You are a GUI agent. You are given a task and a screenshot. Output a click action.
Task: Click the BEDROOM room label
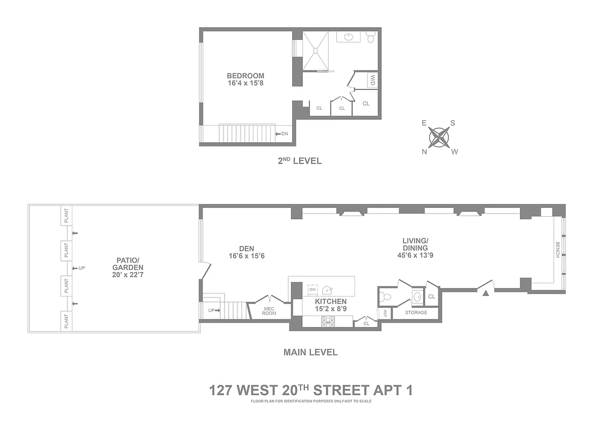[245, 76]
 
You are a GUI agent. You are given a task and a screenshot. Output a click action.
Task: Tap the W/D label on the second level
[372, 81]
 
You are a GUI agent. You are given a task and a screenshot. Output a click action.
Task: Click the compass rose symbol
[440, 137]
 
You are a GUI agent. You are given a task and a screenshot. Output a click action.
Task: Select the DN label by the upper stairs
[284, 134]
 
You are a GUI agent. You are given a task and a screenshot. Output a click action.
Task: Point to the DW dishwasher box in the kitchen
[312, 289]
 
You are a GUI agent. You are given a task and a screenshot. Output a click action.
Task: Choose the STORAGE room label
[416, 313]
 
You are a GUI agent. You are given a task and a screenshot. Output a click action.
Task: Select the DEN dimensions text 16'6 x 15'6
[246, 256]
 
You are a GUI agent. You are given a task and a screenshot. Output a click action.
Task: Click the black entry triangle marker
[485, 292]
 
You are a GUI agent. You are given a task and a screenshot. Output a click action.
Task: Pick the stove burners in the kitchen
[328, 321]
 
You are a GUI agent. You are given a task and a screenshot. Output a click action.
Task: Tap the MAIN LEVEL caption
[310, 352]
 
